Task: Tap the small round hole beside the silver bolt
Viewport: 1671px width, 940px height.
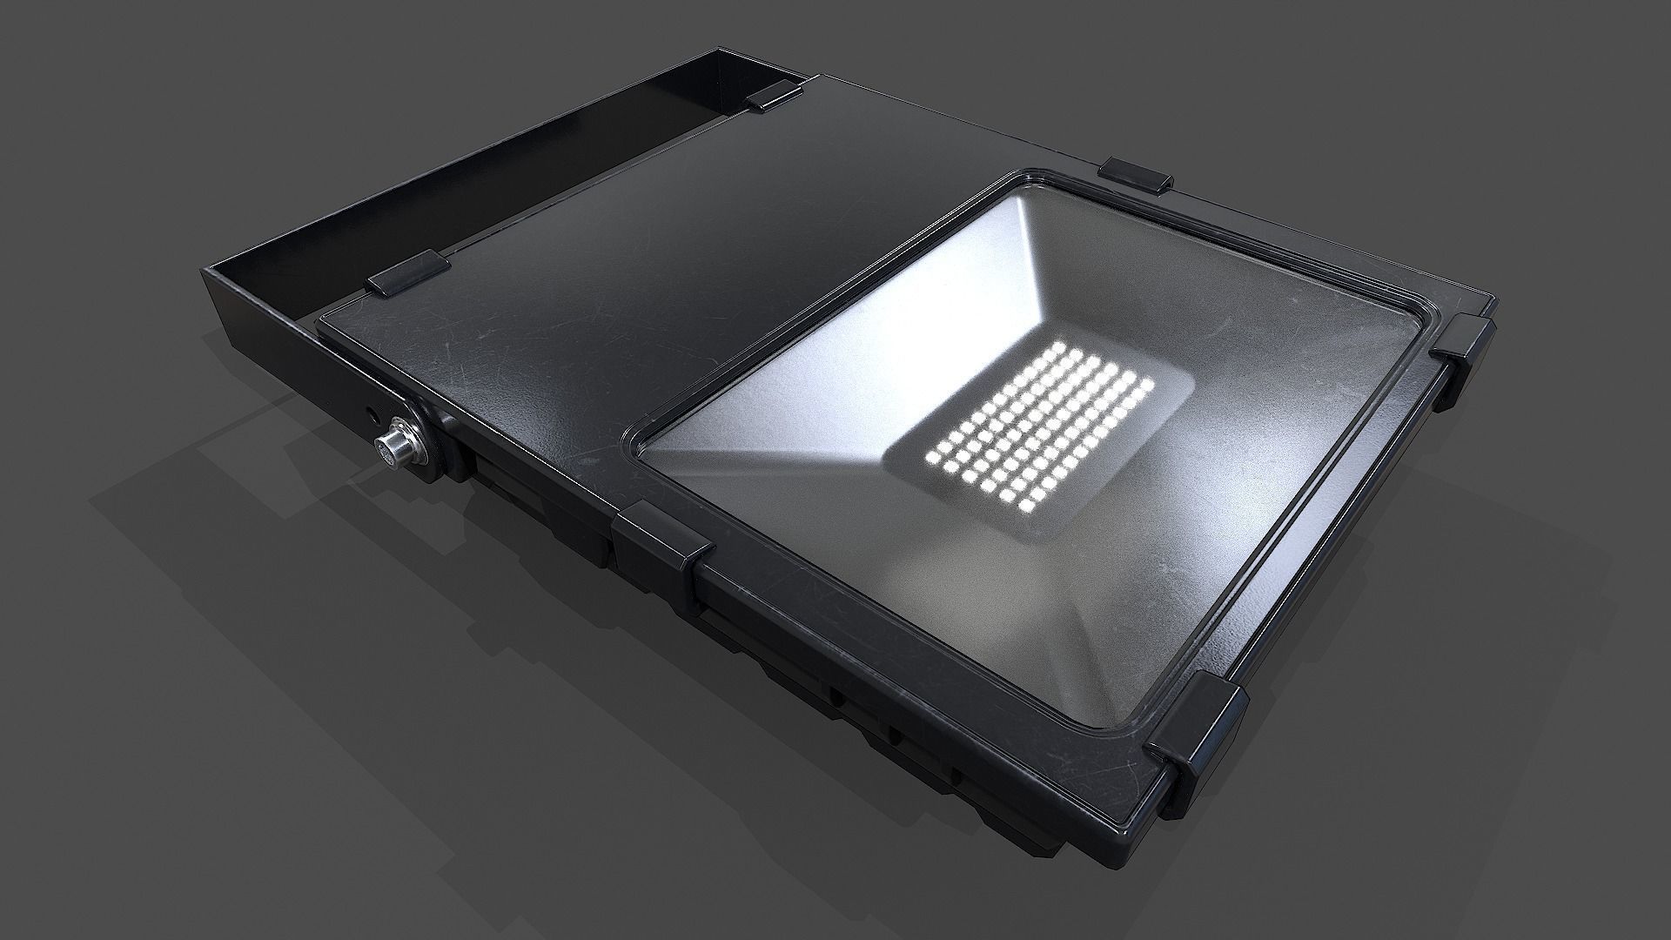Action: pos(375,408)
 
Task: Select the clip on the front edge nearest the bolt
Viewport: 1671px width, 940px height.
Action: pos(661,546)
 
